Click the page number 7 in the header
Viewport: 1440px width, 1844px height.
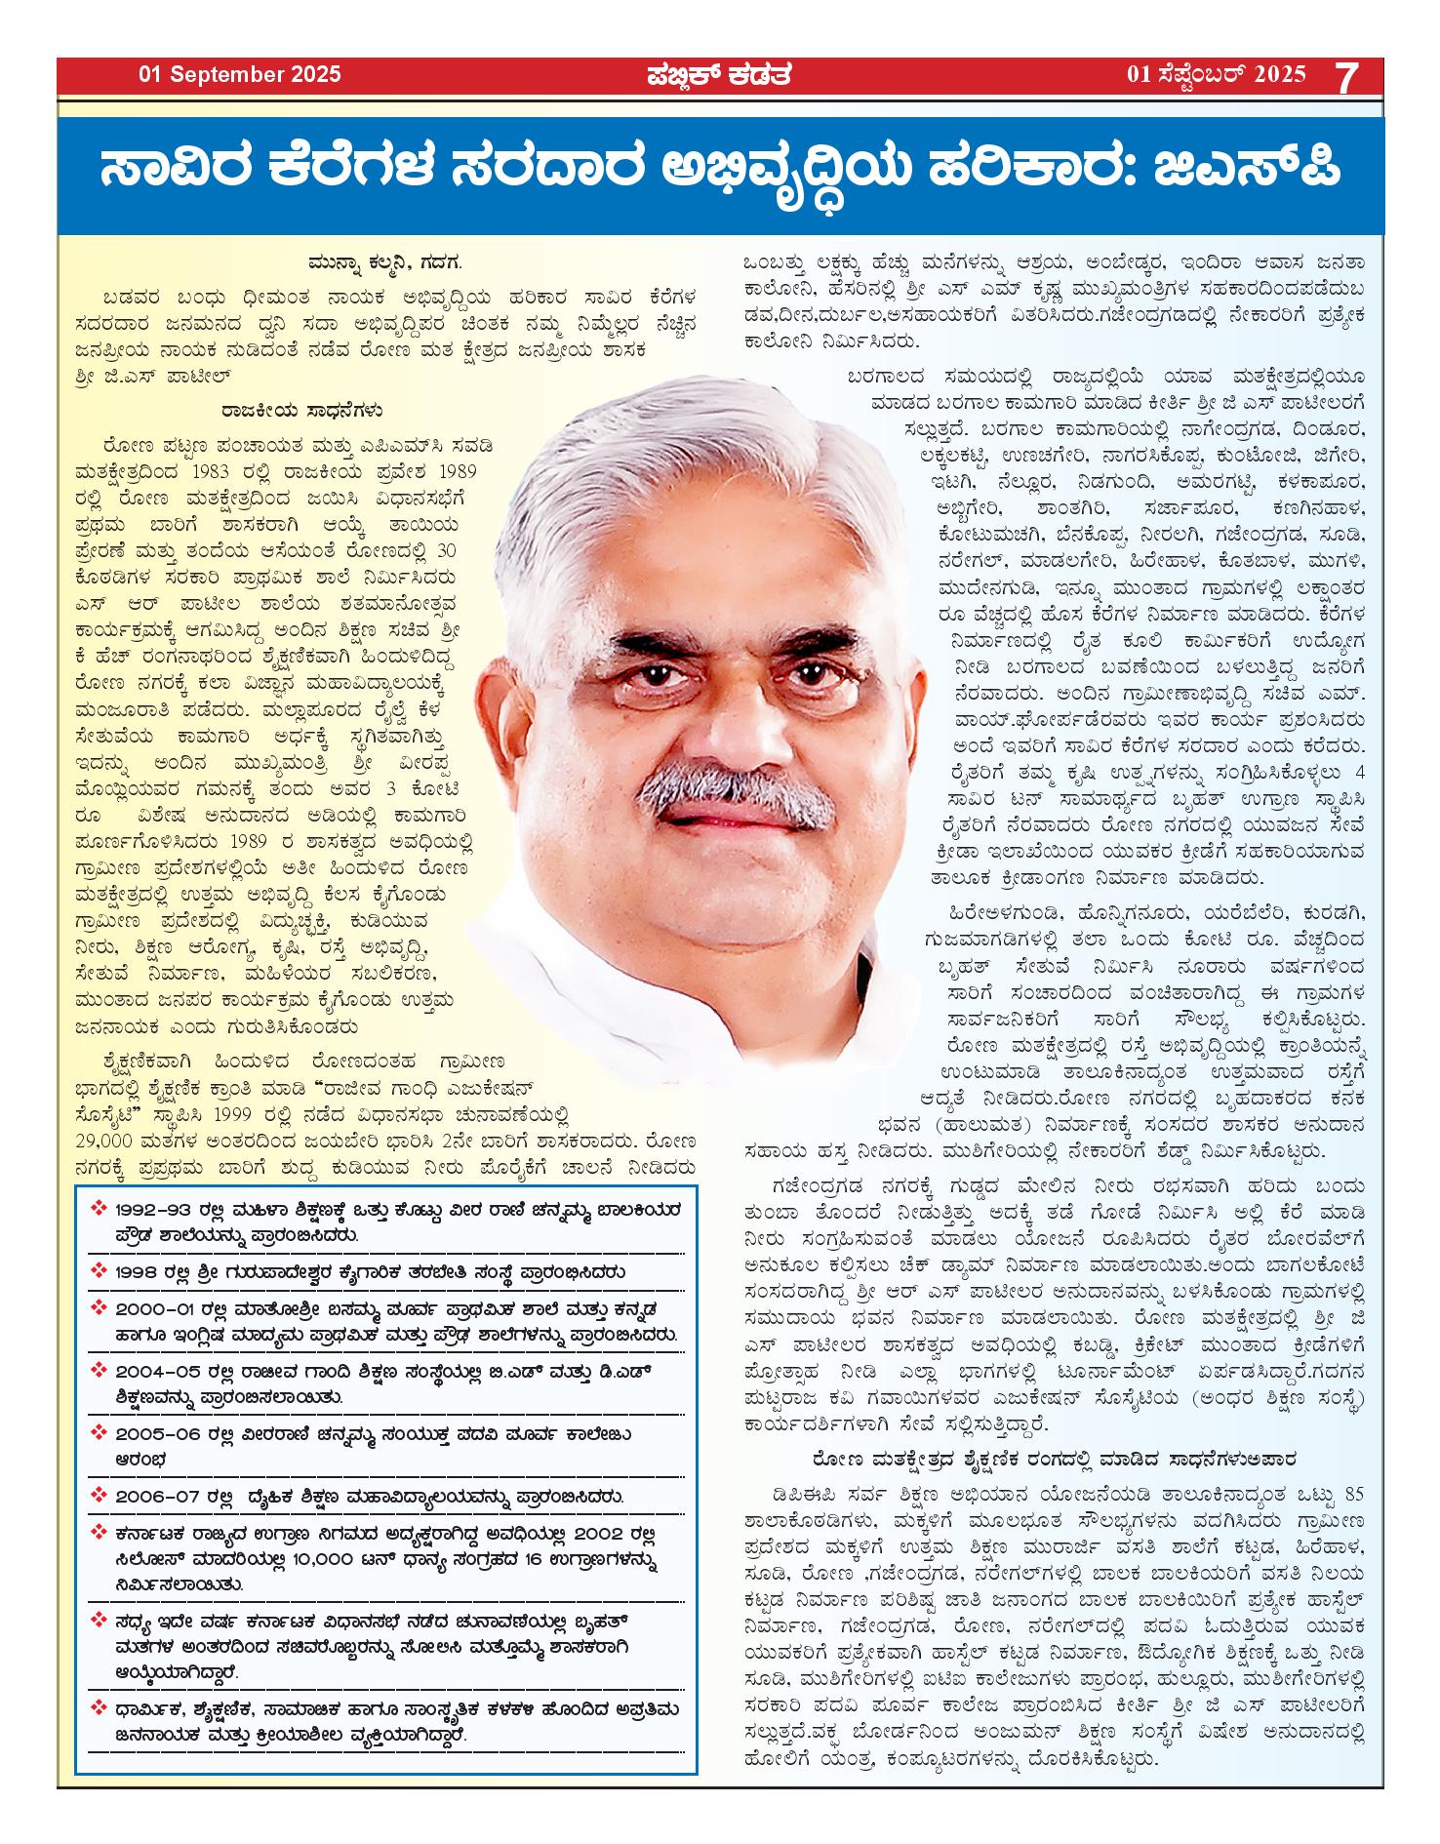pyautogui.click(x=1347, y=77)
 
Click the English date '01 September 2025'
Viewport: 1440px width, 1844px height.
pyautogui.click(x=240, y=74)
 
